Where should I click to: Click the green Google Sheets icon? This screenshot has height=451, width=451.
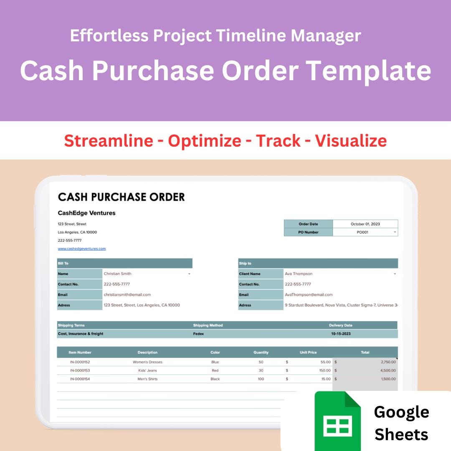coord(337,421)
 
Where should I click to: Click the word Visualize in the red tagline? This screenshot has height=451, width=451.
coord(351,141)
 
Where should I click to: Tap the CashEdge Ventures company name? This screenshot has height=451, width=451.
coord(86,213)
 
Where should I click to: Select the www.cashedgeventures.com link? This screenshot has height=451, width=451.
coord(82,248)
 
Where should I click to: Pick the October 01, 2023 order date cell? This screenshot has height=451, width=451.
coord(365,224)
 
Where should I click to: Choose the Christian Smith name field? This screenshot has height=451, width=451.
coord(118,274)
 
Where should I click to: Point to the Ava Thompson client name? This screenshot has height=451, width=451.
coord(299,274)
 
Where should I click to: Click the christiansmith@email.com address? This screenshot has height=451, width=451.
coord(127,294)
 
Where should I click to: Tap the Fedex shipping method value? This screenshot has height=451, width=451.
coord(199,334)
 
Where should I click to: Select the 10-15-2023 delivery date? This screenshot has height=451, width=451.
coord(342,334)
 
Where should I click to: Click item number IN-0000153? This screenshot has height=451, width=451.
coord(80,370)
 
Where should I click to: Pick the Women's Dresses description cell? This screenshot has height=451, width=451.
coord(147,362)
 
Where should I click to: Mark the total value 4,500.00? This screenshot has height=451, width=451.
coord(388,370)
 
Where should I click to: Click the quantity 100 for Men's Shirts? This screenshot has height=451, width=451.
coord(261,379)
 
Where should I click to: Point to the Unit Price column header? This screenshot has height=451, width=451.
coord(308,352)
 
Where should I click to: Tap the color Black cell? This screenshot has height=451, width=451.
coord(215,379)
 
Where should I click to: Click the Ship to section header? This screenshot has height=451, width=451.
coord(246,264)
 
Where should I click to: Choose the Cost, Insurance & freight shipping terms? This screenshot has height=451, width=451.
coord(81,334)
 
